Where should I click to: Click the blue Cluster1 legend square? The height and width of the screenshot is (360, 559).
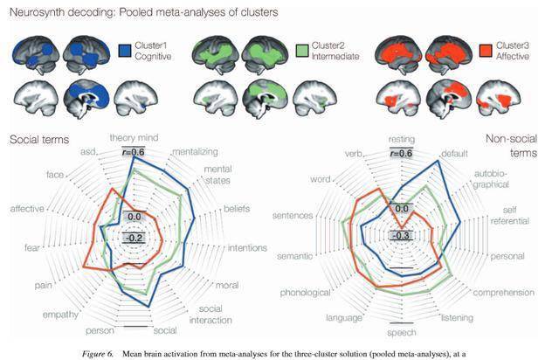pos(126,51)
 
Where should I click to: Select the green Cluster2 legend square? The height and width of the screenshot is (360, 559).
pos(302,51)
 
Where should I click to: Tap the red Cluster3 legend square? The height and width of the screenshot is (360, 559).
pos(487,51)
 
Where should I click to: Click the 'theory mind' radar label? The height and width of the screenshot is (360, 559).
pos(134,138)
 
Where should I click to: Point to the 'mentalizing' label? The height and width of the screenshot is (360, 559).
pos(195,152)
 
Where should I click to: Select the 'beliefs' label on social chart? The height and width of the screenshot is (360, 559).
pos(237,209)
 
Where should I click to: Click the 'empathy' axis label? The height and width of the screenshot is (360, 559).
pos(60,315)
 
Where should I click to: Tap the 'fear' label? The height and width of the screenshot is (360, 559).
pos(32,247)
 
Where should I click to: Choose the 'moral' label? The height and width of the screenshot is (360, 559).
pos(227,285)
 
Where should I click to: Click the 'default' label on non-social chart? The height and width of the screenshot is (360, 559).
pos(454,154)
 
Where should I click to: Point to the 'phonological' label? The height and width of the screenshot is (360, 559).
pos(305,293)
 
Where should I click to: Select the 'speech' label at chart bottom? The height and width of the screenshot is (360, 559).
pos(402,333)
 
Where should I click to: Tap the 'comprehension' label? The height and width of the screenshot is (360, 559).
pos(504,293)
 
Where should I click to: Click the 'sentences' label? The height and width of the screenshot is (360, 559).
pos(293,216)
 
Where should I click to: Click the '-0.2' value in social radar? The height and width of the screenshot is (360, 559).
pos(134,238)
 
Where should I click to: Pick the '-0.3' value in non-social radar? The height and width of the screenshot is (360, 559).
pos(402,235)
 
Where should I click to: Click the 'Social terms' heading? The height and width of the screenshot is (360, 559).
pos(39,140)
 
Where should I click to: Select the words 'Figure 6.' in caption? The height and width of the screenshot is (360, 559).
pos(98,354)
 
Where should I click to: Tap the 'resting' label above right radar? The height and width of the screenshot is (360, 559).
pos(402,139)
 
